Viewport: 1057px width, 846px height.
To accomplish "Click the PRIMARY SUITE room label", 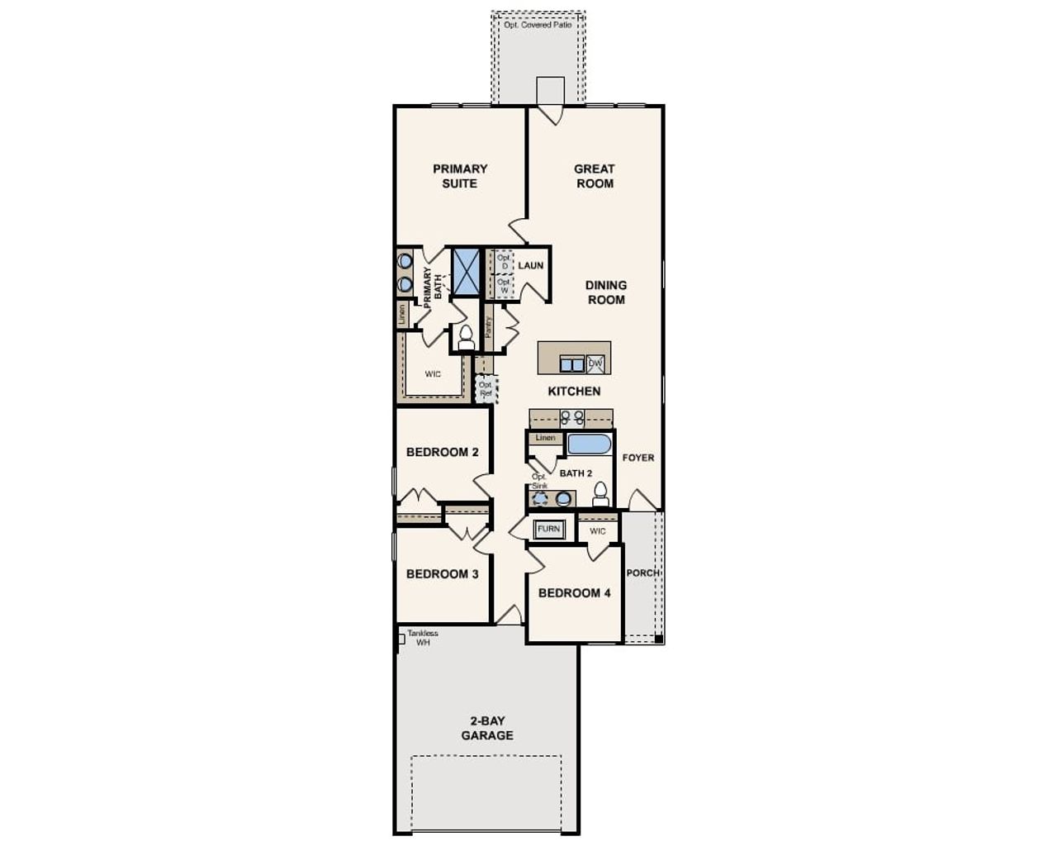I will [460, 176].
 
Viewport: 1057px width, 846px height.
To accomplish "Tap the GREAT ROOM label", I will [595, 176].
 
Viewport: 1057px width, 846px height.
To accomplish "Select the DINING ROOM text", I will [606, 292].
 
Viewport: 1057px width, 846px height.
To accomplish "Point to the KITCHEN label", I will [574, 391].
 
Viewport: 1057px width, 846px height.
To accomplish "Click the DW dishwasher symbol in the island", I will [595, 364].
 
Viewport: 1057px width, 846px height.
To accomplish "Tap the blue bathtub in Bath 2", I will [589, 444].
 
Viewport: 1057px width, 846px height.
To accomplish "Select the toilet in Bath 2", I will [600, 494].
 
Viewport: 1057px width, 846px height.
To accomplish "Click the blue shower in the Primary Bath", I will [466, 270].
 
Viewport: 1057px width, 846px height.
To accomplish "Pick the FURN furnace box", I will [548, 529].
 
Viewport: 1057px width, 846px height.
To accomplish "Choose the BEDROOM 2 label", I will [443, 452].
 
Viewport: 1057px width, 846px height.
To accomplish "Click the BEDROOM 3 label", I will [443, 573].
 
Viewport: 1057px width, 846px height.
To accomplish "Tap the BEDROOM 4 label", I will [575, 592].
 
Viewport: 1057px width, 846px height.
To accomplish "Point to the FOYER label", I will [638, 458].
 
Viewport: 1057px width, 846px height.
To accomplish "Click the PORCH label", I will [642, 573].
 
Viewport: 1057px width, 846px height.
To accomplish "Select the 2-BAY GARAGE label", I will [487, 728].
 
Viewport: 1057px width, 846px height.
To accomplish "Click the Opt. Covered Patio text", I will [538, 26].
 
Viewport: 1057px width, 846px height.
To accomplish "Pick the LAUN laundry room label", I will [531, 265].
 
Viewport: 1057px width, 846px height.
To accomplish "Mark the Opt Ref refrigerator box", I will [486, 388].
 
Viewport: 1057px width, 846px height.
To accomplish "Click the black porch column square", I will [658, 639].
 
